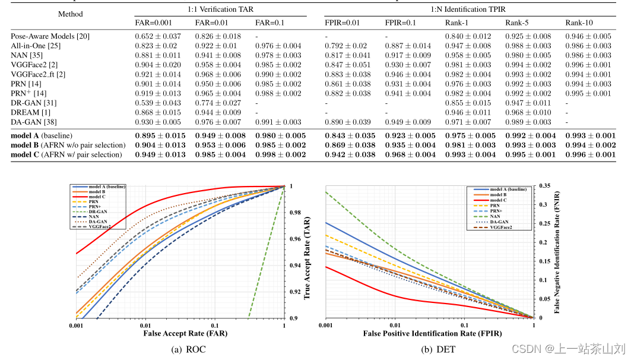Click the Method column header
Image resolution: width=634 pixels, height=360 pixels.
71,14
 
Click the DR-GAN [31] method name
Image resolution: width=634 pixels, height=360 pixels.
33,103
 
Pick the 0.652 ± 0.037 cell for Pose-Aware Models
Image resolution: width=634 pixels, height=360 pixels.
157,36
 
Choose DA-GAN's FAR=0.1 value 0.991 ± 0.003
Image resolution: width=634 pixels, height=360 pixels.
278,122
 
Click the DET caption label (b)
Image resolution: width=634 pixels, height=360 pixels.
438,349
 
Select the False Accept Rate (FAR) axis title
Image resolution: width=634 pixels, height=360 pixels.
185,333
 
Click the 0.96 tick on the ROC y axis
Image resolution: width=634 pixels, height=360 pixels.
295,239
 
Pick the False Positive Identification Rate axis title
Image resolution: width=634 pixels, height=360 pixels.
424,334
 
